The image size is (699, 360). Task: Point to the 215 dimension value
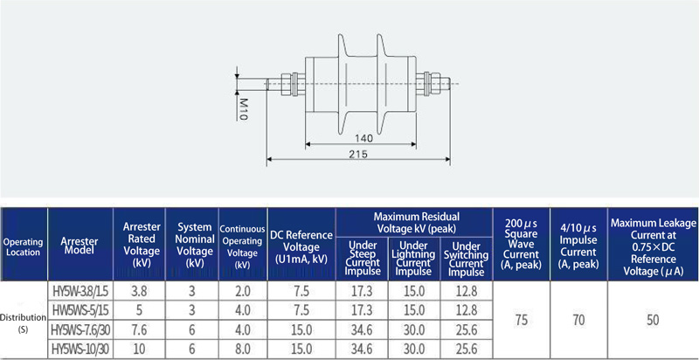pyautogui.click(x=359, y=154)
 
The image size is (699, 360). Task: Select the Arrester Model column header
pyautogui.click(x=80, y=246)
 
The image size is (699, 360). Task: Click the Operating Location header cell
pyautogui.click(x=24, y=247)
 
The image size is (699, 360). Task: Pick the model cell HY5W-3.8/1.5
pyautogui.click(x=80, y=291)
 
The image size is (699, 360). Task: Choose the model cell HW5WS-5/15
pyautogui.click(x=80, y=310)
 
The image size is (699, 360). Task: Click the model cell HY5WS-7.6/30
pyautogui.click(x=80, y=330)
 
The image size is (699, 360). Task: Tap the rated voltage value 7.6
pyautogui.click(x=139, y=330)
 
